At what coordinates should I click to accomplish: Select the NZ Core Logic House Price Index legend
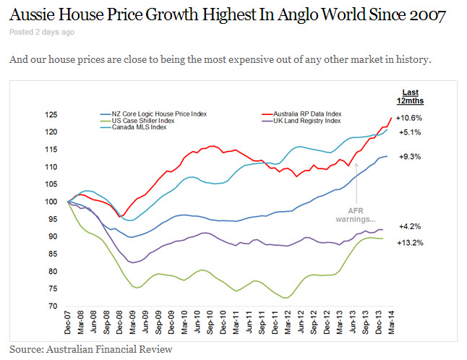148,114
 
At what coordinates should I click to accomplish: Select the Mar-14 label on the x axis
391,323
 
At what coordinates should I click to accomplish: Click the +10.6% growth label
410,118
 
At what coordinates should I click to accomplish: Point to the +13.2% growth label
409,243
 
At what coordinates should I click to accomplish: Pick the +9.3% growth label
409,156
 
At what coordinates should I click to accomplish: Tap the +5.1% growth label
409,133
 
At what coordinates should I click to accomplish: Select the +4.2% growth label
409,226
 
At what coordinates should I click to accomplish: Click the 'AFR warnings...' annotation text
355,214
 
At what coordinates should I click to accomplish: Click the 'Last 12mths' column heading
409,95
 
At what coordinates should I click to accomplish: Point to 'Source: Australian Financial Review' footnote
91,350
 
